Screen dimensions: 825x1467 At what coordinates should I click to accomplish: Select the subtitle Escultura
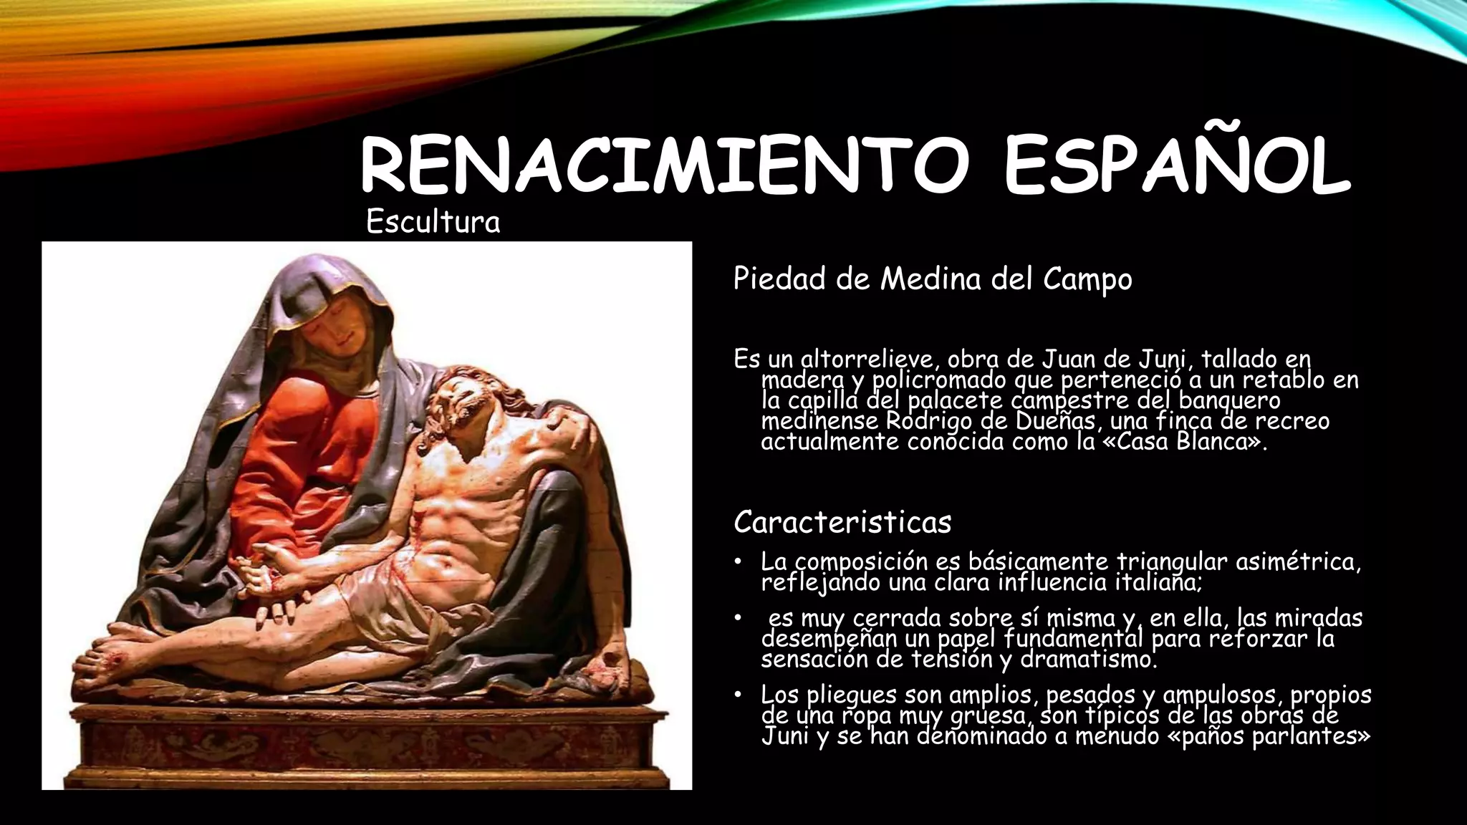433,222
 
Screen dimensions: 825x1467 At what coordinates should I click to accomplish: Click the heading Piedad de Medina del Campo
932,279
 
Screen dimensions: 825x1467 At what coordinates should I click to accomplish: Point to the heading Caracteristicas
842,522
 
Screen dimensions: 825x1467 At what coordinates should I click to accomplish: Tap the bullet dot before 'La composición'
739,562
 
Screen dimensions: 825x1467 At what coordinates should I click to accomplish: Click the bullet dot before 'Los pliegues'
739,695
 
